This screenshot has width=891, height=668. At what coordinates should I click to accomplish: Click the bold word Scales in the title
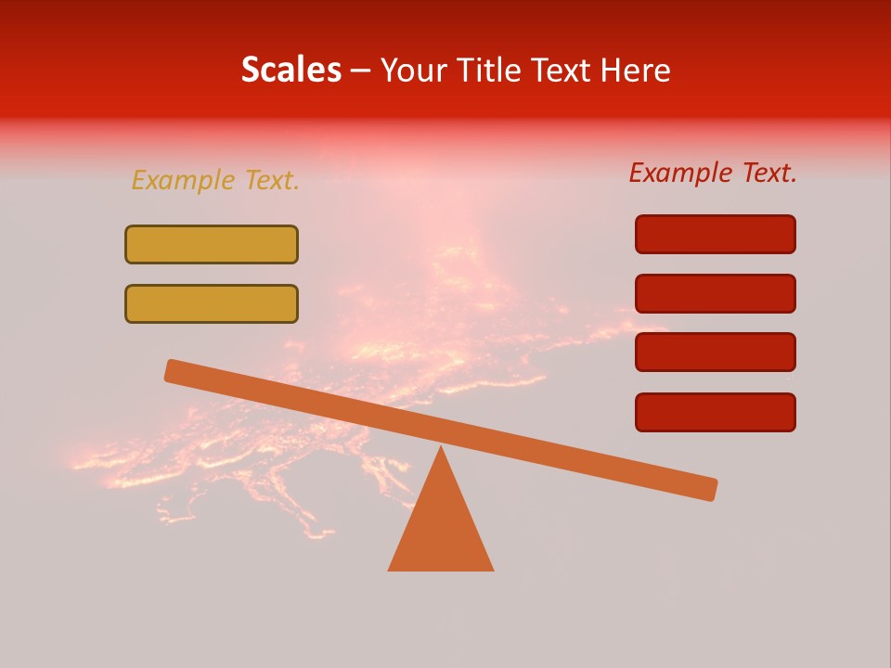[291, 70]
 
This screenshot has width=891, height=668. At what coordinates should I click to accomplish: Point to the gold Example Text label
[215, 180]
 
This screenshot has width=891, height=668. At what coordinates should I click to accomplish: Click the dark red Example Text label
[713, 173]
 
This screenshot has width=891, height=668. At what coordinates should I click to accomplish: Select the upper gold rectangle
[212, 244]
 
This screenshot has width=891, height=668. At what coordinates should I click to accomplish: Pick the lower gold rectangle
[212, 303]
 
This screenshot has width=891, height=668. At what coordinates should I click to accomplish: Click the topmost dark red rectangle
[716, 234]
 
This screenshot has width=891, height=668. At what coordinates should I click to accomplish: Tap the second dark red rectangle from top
[716, 293]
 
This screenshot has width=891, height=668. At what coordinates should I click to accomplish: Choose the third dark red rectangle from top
[716, 353]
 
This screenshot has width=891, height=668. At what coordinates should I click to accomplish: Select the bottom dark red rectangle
[716, 412]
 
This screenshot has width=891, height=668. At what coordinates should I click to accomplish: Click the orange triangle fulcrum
[441, 524]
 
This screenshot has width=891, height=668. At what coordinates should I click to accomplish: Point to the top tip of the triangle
[441, 448]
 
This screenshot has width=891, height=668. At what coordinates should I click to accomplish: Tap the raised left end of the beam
[172, 370]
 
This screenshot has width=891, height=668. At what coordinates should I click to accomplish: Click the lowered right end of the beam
[711, 489]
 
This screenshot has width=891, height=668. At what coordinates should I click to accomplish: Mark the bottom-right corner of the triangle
[493, 570]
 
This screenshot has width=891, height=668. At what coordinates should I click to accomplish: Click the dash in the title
[361, 71]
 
